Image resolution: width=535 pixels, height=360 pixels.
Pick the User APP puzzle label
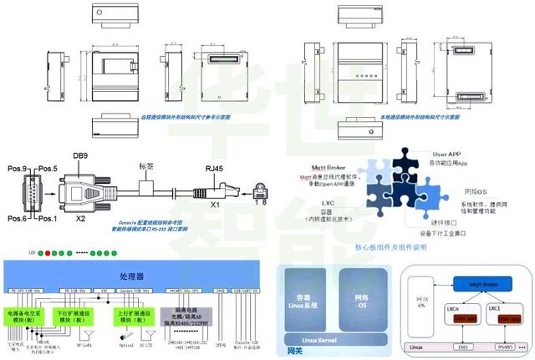[x=448, y=155]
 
